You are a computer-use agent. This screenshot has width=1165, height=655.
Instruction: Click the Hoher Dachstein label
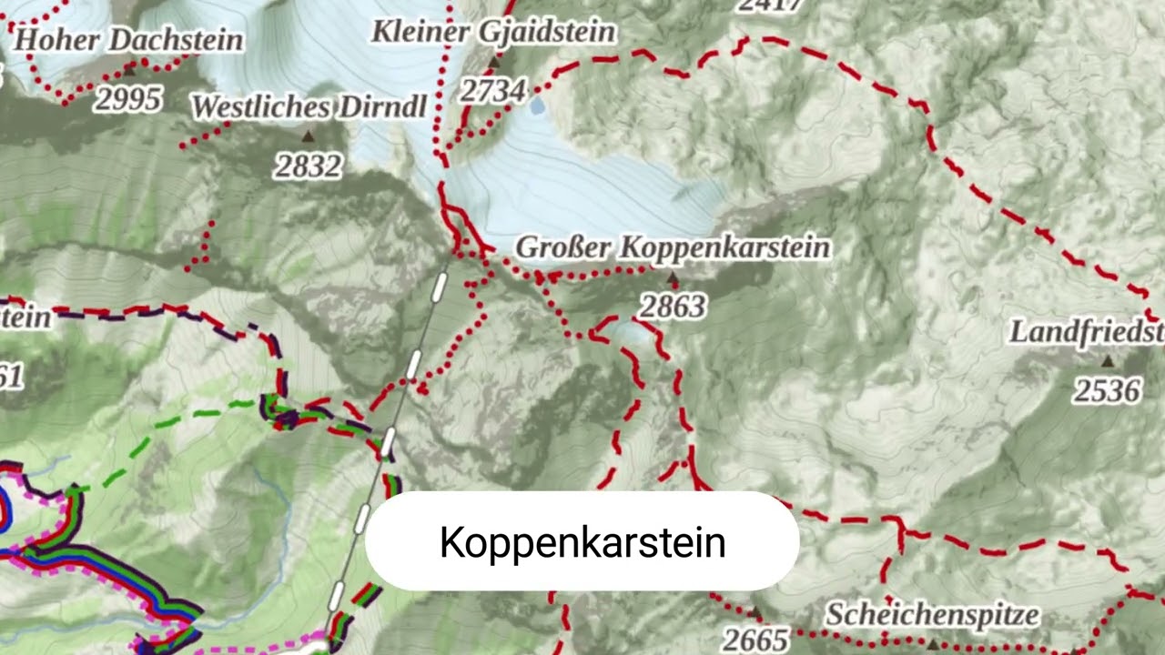pyautogui.click(x=129, y=40)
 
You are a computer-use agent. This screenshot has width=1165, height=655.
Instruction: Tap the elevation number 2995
pyautogui.click(x=128, y=99)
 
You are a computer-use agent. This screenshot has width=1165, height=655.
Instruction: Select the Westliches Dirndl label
pyautogui.click(x=309, y=106)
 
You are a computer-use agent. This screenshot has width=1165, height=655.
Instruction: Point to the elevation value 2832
pyautogui.click(x=309, y=166)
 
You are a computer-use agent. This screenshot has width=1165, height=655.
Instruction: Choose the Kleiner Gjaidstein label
pyautogui.click(x=493, y=32)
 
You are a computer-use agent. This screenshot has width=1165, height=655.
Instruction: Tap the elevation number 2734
pyautogui.click(x=492, y=90)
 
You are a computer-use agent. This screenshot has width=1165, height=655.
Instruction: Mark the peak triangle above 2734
pyautogui.click(x=494, y=63)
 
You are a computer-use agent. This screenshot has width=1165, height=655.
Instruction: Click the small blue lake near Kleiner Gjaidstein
pyautogui.click(x=538, y=106)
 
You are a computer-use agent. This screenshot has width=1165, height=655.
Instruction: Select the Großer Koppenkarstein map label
pyautogui.click(x=673, y=247)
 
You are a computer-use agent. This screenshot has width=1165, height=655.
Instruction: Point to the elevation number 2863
pyautogui.click(x=673, y=307)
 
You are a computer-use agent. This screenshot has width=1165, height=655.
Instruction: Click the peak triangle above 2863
pyautogui.click(x=673, y=277)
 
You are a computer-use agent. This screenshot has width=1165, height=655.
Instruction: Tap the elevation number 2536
pyautogui.click(x=1106, y=390)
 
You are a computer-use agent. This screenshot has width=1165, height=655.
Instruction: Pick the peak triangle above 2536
pyautogui.click(x=1108, y=361)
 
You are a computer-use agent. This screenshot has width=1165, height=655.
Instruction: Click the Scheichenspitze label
pyautogui.click(x=932, y=615)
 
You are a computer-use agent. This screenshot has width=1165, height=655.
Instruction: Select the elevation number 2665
pyautogui.click(x=755, y=640)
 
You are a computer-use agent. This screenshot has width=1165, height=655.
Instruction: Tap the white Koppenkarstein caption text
pyautogui.click(x=582, y=542)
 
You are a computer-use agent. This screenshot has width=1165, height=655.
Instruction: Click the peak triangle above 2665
pyautogui.click(x=755, y=611)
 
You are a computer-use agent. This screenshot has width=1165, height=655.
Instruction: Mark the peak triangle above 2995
pyautogui.click(x=130, y=67)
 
